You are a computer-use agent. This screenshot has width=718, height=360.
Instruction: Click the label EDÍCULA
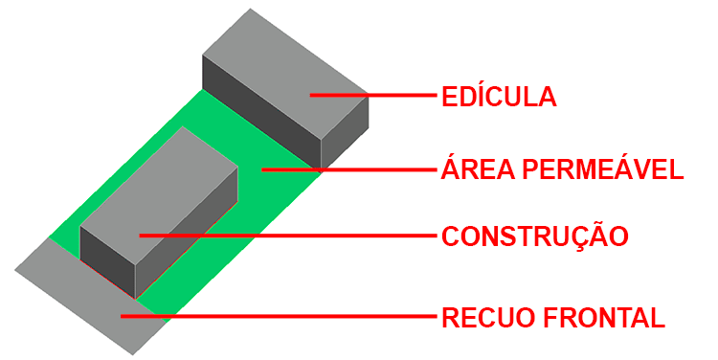499,97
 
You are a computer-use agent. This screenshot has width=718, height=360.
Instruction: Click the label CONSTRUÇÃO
534,236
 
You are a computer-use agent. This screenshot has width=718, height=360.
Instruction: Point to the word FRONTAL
602,317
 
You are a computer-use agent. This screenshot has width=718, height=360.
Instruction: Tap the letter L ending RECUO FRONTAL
656,317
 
